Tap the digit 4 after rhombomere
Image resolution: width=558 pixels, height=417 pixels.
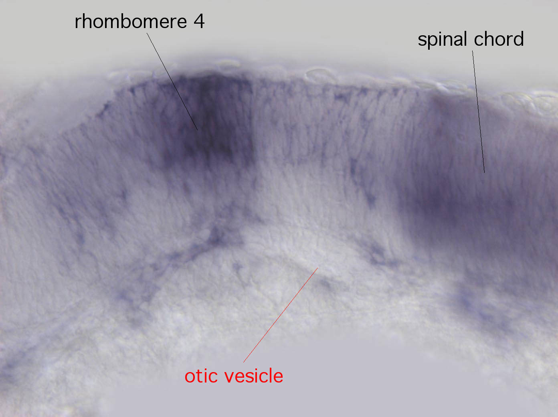coord(199,22)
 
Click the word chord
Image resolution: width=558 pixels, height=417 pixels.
coord(499,38)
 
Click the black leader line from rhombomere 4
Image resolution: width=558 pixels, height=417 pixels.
coord(172,82)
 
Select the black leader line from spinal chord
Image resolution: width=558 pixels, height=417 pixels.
coord(479,111)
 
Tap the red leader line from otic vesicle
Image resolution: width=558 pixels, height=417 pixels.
coord(281,315)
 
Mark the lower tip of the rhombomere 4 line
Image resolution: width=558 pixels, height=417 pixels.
coord(198,130)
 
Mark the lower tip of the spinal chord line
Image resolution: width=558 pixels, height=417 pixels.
coord(485,173)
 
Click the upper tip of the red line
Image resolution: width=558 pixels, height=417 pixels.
coord(318,268)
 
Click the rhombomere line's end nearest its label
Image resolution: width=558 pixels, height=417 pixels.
coord(147,33)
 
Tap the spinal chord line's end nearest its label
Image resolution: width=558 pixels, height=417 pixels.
coord(472,51)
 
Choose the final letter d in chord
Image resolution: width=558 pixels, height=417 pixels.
coord(519,38)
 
